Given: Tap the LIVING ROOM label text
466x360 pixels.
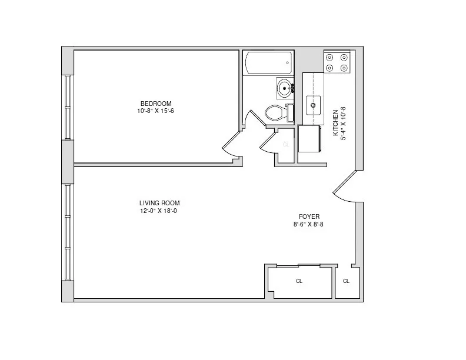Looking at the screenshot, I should [159, 204].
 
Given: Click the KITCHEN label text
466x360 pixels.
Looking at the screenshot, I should [336, 122].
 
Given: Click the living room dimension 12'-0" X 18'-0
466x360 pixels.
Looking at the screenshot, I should [158, 211].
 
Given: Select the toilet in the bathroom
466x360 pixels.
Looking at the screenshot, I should [277, 112].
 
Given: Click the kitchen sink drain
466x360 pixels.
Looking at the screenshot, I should [314, 106].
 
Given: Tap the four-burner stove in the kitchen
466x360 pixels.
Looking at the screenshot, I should [338, 62].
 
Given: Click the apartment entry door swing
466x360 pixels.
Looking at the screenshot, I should [344, 185].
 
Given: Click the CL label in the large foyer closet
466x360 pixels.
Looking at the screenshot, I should [299, 281].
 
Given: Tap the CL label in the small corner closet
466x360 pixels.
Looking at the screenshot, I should [346, 281].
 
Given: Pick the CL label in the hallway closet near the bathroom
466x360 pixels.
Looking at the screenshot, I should [286, 145].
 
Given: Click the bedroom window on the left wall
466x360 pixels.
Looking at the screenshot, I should [68, 108].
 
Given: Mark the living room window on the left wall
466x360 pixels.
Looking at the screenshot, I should [68, 232].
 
